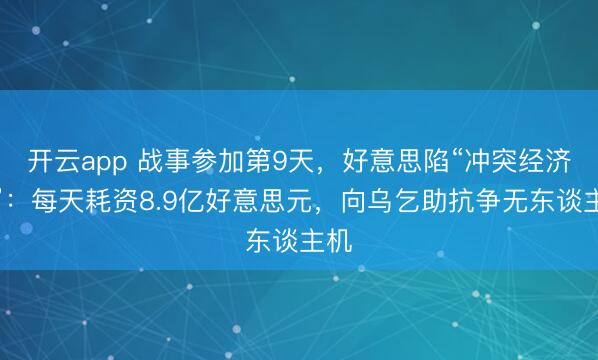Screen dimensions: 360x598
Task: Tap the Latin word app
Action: (x=100, y=158)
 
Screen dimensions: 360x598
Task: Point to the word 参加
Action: (x=209, y=158)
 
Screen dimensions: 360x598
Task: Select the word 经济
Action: (x=549, y=158)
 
